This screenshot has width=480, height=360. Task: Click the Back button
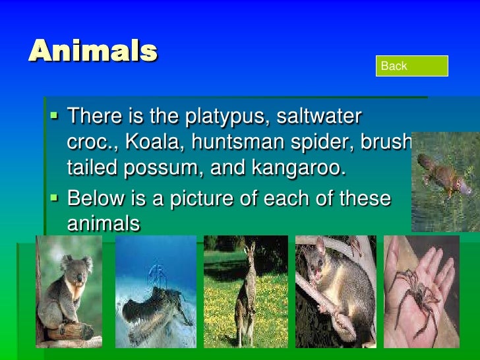[412, 66]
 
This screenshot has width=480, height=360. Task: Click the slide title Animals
[93, 51]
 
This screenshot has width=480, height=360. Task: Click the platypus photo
[445, 181]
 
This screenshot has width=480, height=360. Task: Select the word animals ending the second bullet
[104, 224]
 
